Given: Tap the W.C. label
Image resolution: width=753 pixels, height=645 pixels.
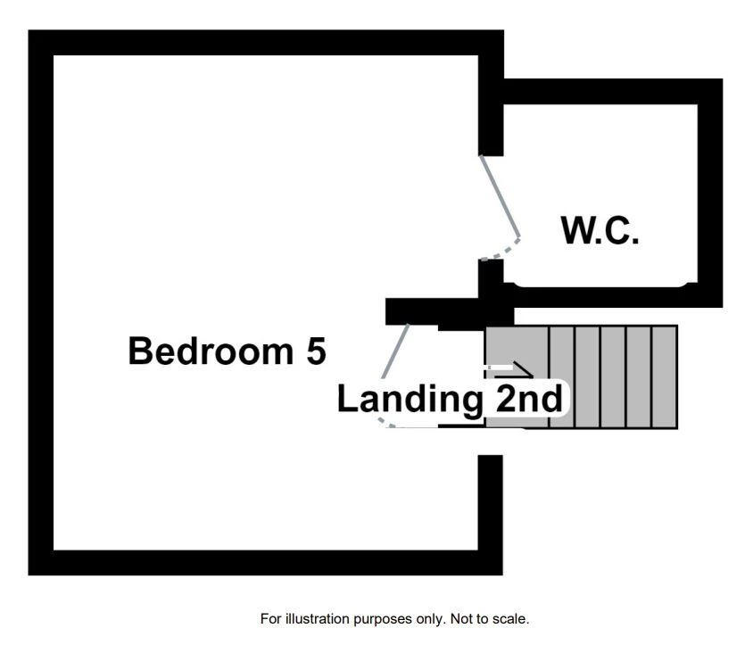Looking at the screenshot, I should pos(600,231).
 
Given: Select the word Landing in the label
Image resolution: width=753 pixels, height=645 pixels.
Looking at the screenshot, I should pos(409,399).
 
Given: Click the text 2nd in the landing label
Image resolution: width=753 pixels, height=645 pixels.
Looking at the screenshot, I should pos(528,399).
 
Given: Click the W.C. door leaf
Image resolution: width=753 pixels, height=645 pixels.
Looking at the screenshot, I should pos(500,196).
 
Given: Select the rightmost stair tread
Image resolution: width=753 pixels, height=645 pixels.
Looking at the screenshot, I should pos(665,376).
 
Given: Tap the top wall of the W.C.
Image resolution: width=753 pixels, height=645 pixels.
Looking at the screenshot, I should pos(612,91).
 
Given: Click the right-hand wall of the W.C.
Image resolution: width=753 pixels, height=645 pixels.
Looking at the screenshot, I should pos(710,192).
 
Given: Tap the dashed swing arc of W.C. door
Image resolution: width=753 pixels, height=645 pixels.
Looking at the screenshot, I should pos(501,251).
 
